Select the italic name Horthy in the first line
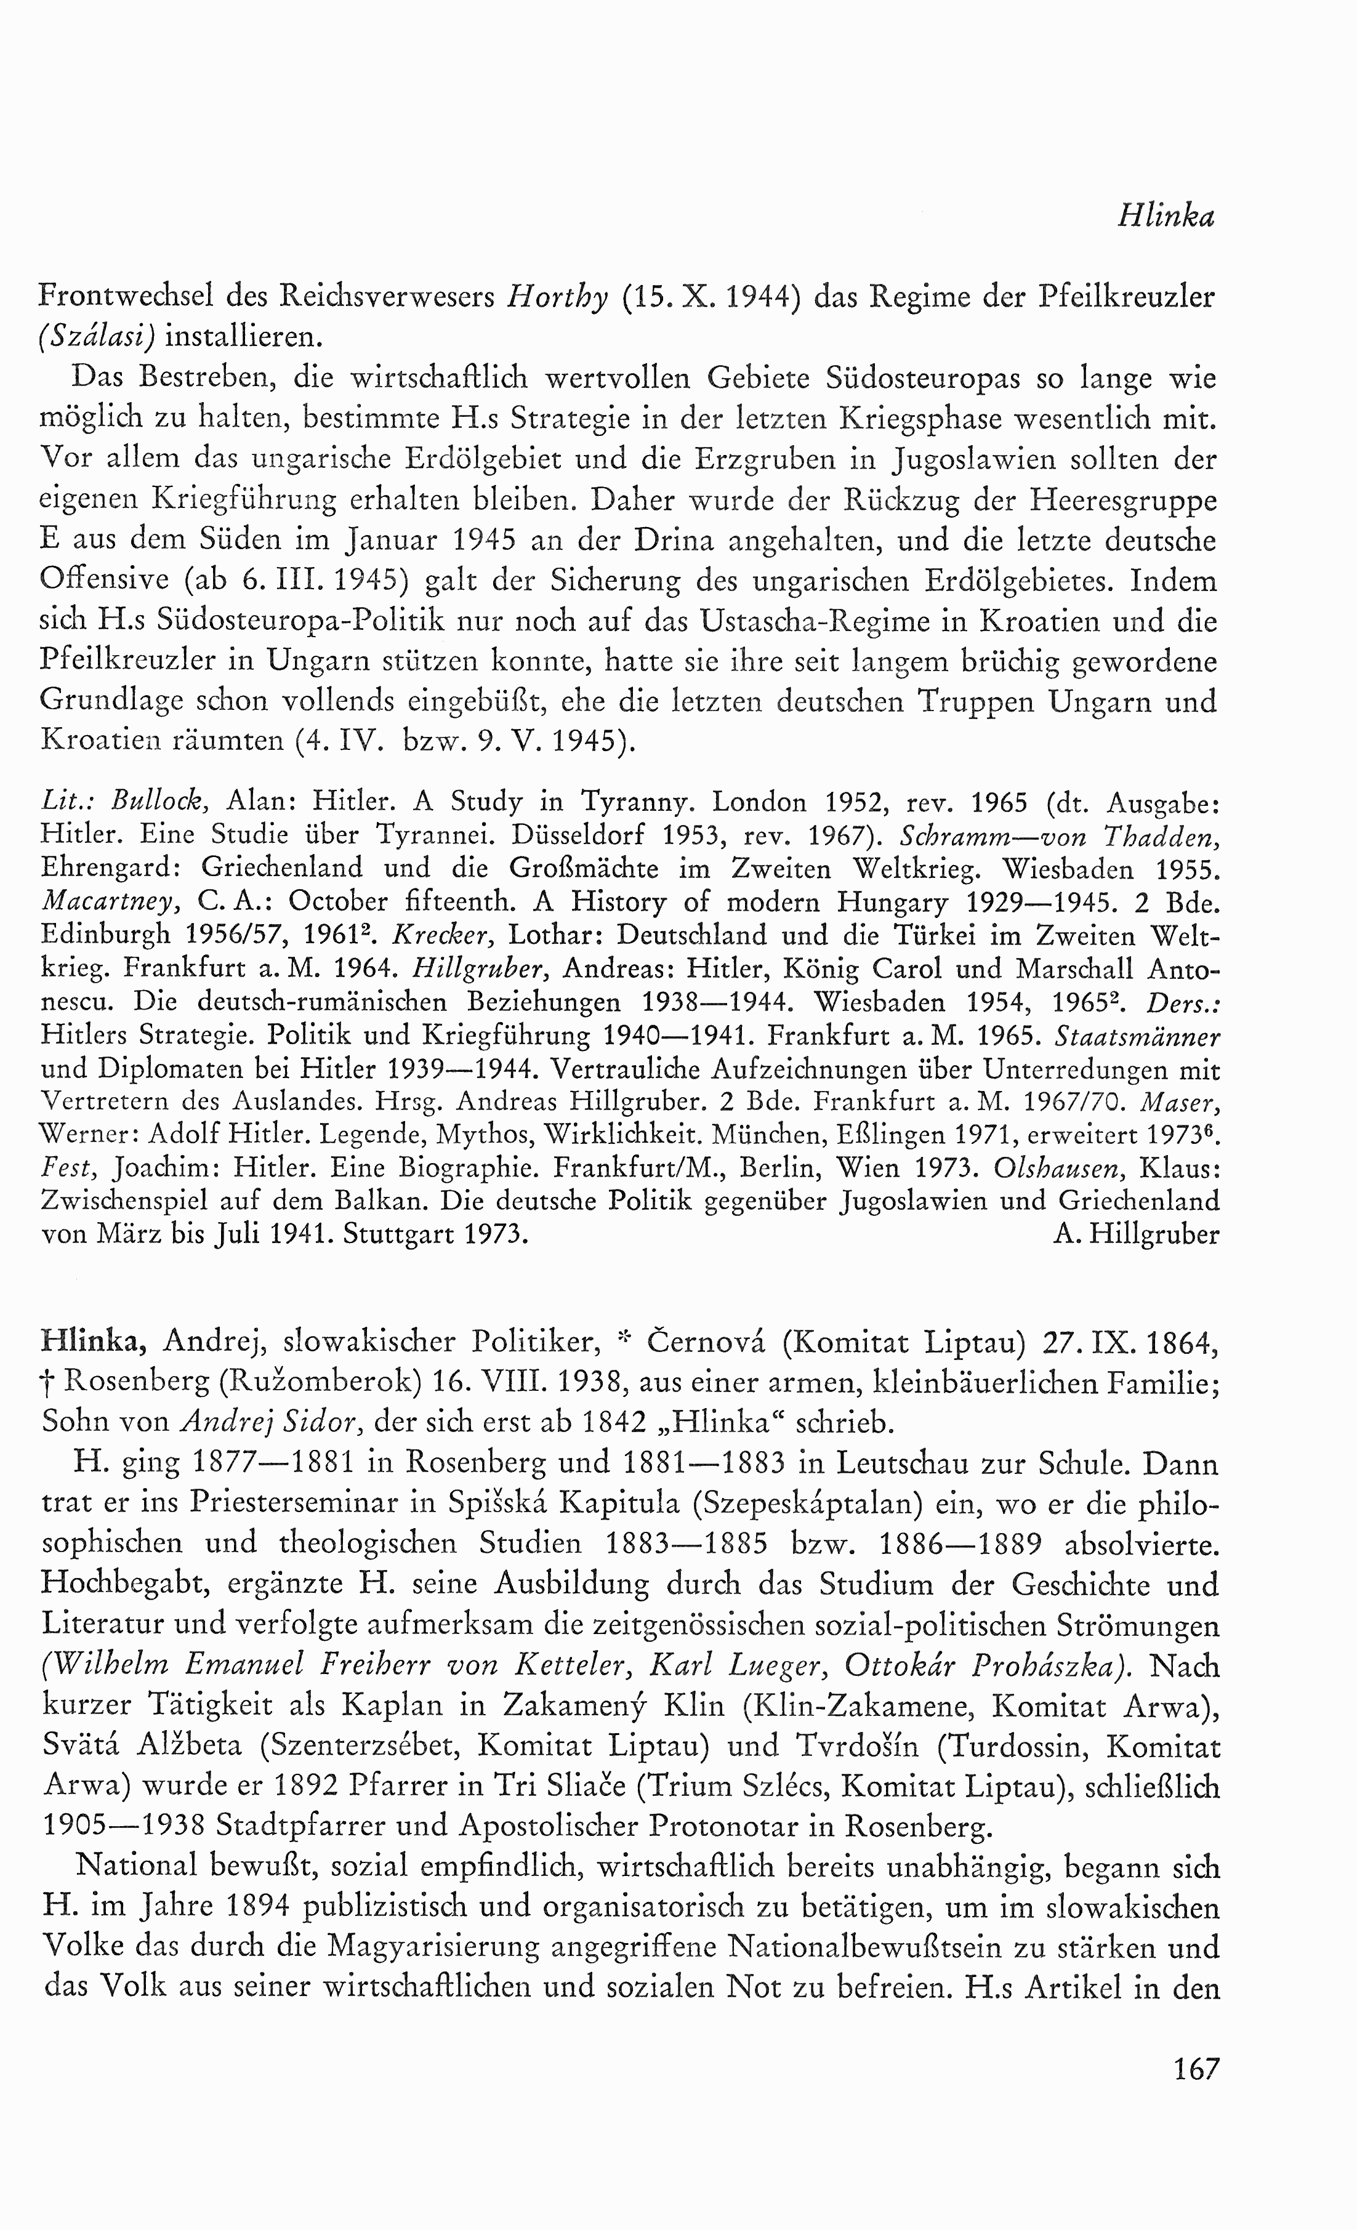pos(557,298)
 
